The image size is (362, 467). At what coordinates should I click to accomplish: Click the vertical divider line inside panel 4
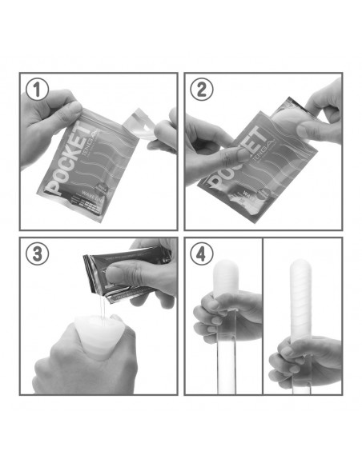tap(263, 320)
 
